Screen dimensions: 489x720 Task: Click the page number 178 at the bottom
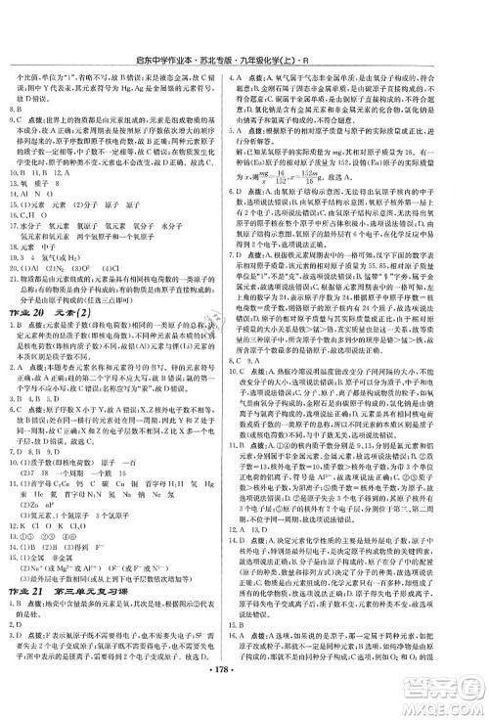[x=244, y=702]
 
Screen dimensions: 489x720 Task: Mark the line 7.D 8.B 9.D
[x=35, y=446]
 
